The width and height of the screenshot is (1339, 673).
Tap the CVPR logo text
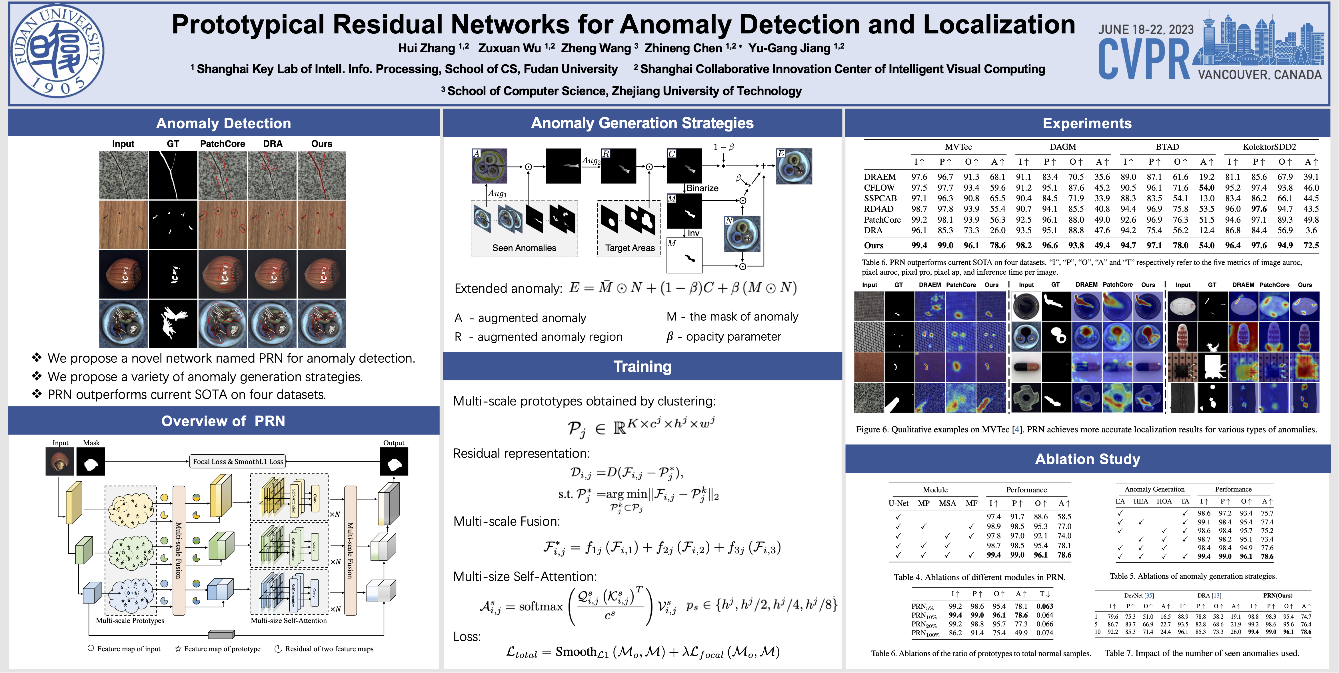[x=1144, y=61]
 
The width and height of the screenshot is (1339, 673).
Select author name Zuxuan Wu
[x=509, y=48]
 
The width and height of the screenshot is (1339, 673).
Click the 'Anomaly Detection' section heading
[x=223, y=123]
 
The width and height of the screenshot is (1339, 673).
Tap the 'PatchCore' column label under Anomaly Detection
[x=223, y=143]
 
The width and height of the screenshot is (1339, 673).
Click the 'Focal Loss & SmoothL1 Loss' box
[x=238, y=461]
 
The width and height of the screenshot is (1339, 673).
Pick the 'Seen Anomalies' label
[x=524, y=248]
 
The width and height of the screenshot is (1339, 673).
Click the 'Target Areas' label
[x=629, y=248]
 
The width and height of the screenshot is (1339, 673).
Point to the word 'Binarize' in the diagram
[x=702, y=188]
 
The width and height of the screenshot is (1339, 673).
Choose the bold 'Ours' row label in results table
[x=874, y=245]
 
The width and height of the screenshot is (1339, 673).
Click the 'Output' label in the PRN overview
[x=393, y=443]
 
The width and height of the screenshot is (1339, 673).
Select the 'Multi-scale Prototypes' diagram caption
[x=130, y=620]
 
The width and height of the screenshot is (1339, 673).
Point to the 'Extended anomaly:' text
[x=508, y=289]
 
